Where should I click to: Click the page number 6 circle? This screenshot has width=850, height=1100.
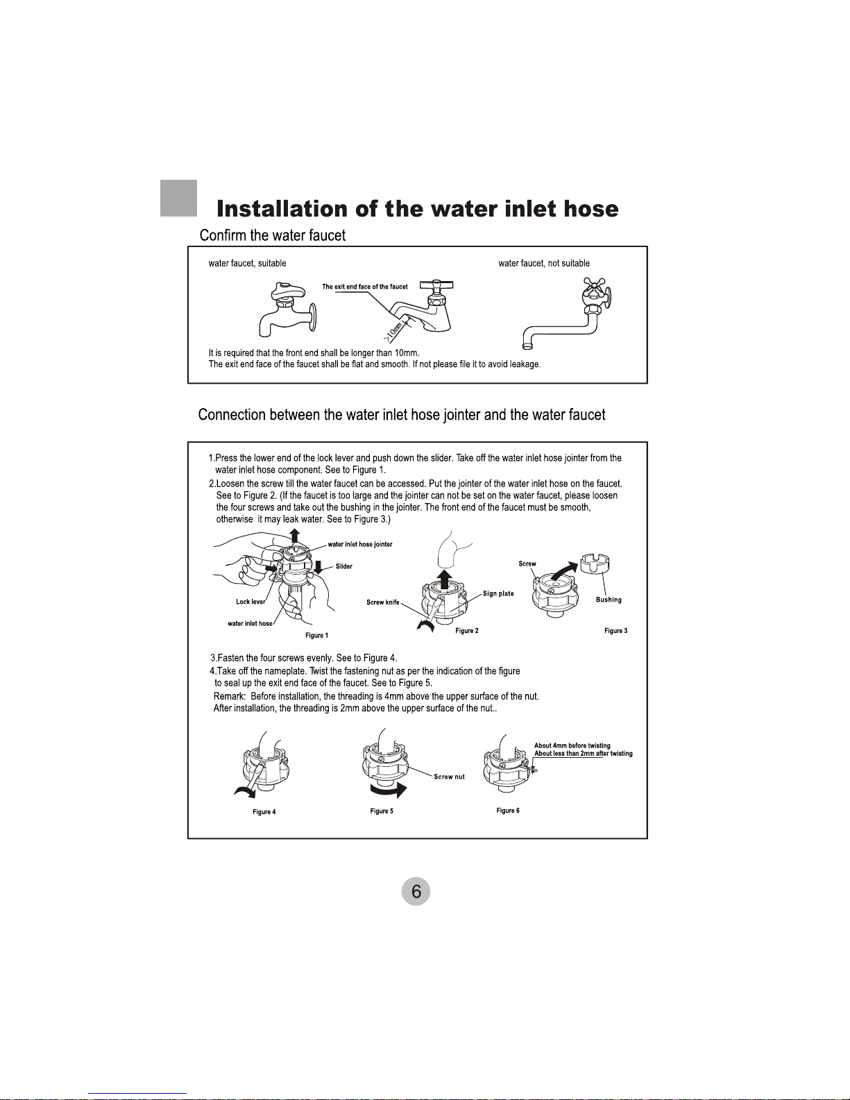416,891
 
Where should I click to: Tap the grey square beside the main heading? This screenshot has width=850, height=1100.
178,198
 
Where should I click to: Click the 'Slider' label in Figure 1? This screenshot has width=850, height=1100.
344,566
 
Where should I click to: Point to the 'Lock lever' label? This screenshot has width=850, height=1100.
250,602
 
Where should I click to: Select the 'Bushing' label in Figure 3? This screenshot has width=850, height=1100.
609,600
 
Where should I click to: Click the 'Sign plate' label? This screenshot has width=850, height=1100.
498,594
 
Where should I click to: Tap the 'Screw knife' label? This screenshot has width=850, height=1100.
383,602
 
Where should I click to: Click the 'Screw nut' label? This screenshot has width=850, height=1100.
450,777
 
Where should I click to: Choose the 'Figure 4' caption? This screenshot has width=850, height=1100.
264,812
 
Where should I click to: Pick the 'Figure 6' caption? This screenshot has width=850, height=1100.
508,811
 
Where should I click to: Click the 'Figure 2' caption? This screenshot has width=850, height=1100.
466,631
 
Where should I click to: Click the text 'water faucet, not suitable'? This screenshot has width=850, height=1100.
544,263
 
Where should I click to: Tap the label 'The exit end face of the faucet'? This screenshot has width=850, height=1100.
365,287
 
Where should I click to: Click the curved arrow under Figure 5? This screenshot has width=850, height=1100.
389,789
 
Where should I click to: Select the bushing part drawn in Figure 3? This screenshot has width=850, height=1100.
595,564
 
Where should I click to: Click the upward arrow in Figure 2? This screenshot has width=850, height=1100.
444,579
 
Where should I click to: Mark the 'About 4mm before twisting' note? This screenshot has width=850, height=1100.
572,745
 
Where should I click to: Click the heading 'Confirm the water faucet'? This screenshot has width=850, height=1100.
273,235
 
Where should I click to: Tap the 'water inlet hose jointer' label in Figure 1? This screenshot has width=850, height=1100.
359,544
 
